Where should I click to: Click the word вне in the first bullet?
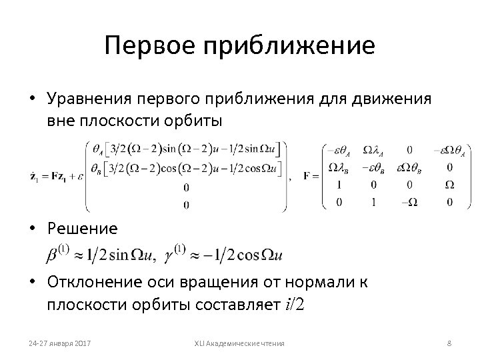(x=61, y=121)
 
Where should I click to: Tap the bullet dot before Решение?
(x=33, y=229)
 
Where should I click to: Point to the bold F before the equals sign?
(x=306, y=176)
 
